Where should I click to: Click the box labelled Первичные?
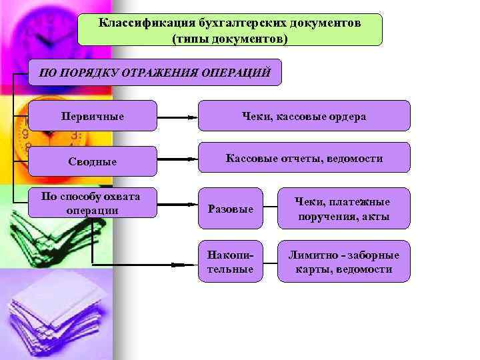click(x=93, y=116)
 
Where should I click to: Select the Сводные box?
click(x=93, y=161)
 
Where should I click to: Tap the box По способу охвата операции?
click(x=93, y=203)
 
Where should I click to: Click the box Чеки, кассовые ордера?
click(x=303, y=116)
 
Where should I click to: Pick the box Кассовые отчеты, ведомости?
click(x=303, y=158)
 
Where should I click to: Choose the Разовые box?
click(x=231, y=209)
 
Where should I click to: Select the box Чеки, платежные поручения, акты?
click(x=344, y=209)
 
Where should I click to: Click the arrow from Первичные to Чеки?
click(x=177, y=117)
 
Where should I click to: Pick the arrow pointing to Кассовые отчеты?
click(x=177, y=159)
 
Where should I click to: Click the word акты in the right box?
click(x=377, y=217)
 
